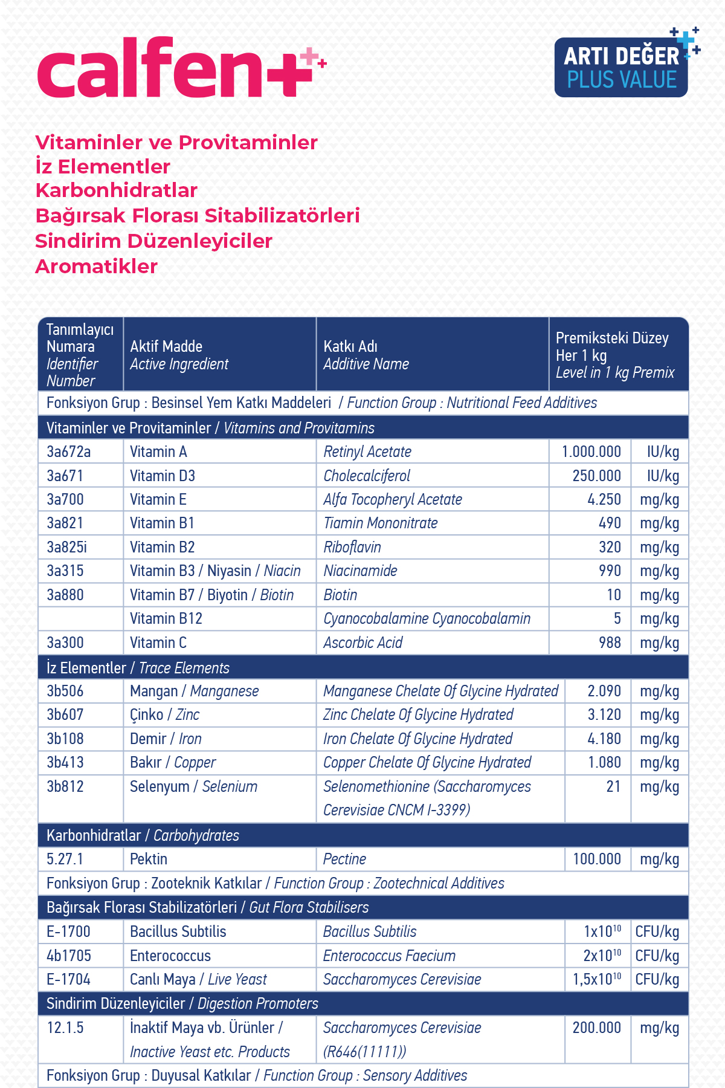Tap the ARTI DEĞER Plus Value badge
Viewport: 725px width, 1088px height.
[622, 67]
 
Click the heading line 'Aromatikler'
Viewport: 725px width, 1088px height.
[97, 267]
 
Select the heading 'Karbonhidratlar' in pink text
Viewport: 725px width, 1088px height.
[117, 190]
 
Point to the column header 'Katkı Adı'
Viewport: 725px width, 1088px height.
[350, 346]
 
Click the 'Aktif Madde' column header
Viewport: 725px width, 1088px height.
[166, 346]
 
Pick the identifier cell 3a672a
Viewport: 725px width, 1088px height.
[68, 452]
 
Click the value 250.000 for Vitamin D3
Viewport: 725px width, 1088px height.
[596, 476]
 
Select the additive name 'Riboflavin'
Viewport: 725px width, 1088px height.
[352, 547]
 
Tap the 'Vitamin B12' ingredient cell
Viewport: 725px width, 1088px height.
[166, 618]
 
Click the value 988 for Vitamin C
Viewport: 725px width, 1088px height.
[610, 643]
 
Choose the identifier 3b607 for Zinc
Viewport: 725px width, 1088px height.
[65, 714]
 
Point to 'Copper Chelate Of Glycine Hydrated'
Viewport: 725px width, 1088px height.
[427, 762]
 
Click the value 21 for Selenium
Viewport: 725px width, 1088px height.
[613, 786]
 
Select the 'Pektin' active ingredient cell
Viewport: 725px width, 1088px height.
[149, 859]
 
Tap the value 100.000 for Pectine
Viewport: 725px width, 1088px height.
[597, 859]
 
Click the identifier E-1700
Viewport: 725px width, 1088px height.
[68, 931]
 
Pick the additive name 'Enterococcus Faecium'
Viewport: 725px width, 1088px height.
[389, 956]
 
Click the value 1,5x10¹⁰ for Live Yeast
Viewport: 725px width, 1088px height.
[597, 979]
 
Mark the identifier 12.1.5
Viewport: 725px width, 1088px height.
[65, 1028]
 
